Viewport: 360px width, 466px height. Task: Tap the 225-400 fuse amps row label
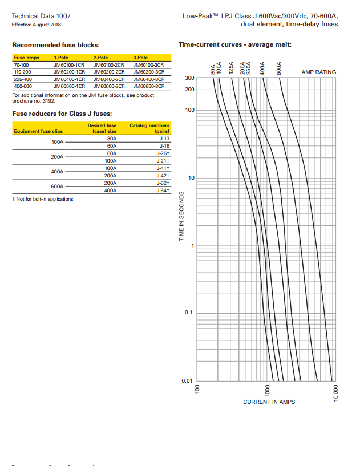pyautogui.click(x=23, y=79)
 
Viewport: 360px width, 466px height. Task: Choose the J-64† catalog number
pyautogui.click(x=163, y=191)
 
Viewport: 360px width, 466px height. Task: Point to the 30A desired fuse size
pyautogui.click(x=111, y=139)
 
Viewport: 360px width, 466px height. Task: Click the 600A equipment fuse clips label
pyautogui.click(x=57, y=187)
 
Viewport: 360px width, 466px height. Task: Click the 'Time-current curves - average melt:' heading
pyautogui.click(x=235, y=44)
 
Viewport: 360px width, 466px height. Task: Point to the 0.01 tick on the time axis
pyautogui.click(x=188, y=380)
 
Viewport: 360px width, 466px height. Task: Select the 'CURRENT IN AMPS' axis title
pyautogui.click(x=269, y=402)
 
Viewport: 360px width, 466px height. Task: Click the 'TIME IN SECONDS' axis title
pyautogui.click(x=181, y=216)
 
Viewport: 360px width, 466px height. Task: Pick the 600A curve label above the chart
pyautogui.click(x=279, y=68)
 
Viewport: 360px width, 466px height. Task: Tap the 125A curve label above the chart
pyautogui.click(x=232, y=68)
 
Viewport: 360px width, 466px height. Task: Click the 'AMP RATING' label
pyautogui.click(x=318, y=72)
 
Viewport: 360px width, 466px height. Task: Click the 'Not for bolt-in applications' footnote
pyautogui.click(x=43, y=199)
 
